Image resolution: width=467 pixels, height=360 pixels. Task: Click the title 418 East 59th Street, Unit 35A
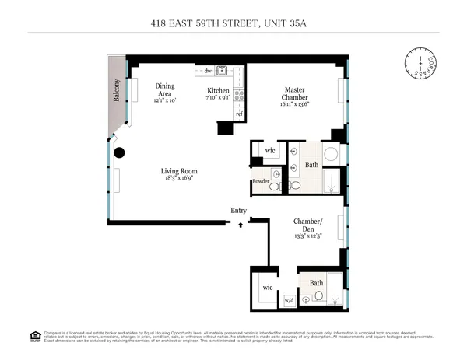(233, 24)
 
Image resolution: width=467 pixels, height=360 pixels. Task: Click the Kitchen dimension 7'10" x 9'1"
(217, 98)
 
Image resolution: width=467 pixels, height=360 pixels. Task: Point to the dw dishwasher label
(208, 71)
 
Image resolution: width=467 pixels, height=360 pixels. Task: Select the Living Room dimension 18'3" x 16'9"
(179, 178)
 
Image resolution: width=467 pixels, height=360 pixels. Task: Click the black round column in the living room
(119, 153)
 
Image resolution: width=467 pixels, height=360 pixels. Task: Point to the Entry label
(239, 211)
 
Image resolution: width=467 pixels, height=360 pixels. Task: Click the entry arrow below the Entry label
(240, 224)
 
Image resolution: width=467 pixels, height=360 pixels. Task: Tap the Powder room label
(260, 182)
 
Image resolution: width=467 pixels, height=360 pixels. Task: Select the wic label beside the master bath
(270, 150)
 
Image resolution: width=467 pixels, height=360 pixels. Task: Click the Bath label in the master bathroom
(311, 165)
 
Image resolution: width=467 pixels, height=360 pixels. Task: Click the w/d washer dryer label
(288, 299)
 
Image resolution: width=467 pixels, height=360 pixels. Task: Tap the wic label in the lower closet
(267, 287)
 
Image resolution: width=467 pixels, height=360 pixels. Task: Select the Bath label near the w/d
(317, 283)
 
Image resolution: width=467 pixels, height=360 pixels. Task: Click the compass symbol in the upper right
(420, 63)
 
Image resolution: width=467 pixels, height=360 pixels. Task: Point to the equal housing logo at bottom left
(35, 336)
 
